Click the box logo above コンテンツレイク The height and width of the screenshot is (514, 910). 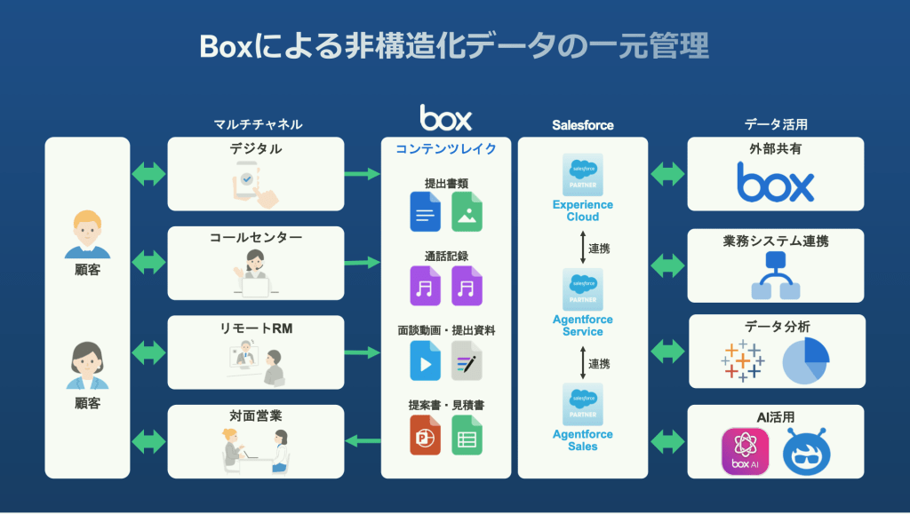445,117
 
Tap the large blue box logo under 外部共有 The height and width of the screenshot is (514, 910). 775,184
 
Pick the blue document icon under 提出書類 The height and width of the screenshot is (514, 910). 425,213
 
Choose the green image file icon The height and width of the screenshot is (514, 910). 467,213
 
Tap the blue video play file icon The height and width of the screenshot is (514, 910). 425,361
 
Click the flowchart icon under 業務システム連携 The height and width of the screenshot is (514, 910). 776,275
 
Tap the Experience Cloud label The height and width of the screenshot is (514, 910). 583,210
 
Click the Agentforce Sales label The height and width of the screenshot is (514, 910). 583,440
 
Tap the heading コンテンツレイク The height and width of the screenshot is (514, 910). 446,149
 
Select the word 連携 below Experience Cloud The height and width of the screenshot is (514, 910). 600,249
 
